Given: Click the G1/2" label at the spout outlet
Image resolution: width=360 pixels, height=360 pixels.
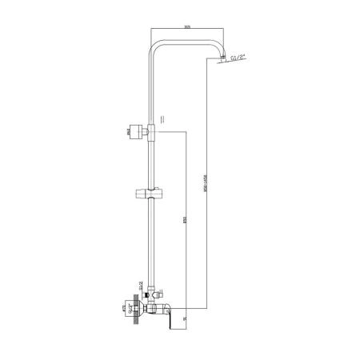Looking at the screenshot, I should pos(238,58).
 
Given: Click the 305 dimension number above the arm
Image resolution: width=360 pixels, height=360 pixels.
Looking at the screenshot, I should pos(186,26).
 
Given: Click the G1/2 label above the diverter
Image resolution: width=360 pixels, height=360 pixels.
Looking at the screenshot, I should pos(142,281).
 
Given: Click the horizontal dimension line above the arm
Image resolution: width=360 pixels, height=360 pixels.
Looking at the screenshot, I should pos(187,31).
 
